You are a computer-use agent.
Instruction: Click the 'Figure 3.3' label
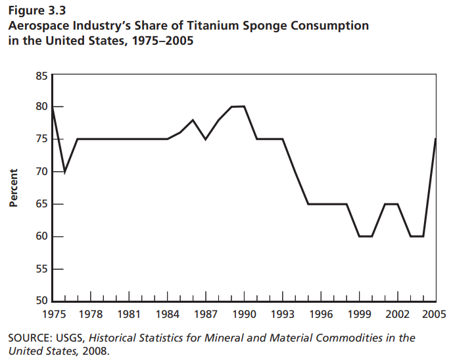tap(37, 11)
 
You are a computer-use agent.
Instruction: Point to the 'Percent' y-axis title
tap(12, 188)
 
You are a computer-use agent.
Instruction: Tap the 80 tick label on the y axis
tap(41, 107)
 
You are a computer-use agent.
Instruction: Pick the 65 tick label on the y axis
tap(41, 204)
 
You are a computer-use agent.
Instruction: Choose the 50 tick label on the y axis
tap(41, 301)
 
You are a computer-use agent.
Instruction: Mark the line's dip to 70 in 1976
tap(64, 172)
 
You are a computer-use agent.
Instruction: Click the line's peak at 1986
tap(193, 120)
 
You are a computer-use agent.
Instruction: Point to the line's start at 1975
tap(53, 107)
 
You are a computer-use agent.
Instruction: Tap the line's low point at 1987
tap(206, 139)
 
